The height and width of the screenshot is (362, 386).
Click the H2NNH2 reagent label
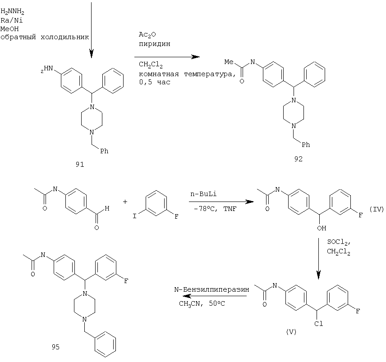click(x=12, y=12)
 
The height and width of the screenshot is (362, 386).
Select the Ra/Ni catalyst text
click(x=12, y=20)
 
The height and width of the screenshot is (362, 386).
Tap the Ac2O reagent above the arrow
click(x=147, y=35)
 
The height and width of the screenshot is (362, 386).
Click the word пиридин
click(x=154, y=44)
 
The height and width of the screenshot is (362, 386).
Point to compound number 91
click(x=80, y=165)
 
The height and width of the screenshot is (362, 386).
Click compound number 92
click(x=298, y=159)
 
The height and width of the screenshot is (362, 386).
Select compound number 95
click(x=55, y=347)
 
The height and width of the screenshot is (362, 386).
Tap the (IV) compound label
click(x=377, y=209)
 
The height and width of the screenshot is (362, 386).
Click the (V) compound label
click(x=291, y=332)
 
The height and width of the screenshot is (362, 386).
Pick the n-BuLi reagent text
click(x=203, y=194)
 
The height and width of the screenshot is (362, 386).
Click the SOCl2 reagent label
click(x=339, y=242)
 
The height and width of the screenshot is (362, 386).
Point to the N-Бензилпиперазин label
click(x=211, y=289)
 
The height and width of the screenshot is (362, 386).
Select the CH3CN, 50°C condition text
click(x=202, y=304)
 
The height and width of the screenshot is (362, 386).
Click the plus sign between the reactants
click(x=125, y=202)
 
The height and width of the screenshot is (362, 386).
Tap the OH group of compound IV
click(x=322, y=228)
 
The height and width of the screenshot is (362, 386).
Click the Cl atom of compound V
click(x=318, y=324)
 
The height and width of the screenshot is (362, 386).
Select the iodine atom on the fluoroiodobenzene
click(x=134, y=216)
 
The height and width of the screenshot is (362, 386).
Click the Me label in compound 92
click(x=229, y=62)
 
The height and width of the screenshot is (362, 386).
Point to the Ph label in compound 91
click(x=104, y=151)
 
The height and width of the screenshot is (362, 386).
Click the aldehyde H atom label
click(x=107, y=208)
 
